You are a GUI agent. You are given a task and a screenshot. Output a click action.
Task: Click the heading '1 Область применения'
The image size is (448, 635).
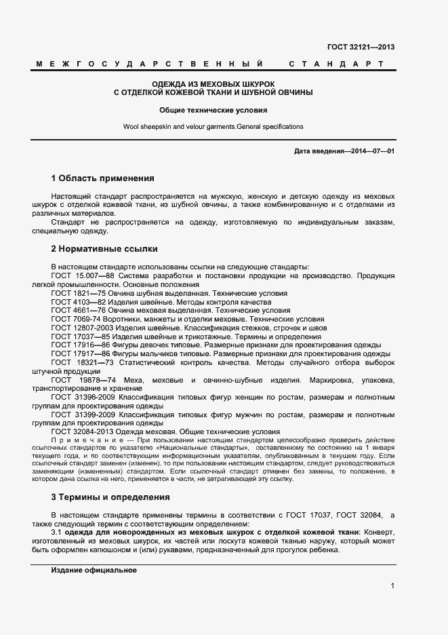(103, 178)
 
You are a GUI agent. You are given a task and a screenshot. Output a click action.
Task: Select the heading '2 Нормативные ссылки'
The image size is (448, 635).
(104, 249)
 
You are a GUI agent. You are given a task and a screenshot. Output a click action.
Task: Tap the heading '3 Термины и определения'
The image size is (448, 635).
(110, 497)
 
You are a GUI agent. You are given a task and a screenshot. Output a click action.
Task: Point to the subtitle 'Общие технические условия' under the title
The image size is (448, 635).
(213, 109)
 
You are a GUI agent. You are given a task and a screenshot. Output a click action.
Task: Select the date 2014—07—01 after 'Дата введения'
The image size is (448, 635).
(373, 150)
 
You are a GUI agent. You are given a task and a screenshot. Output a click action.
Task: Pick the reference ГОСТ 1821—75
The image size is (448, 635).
(77, 294)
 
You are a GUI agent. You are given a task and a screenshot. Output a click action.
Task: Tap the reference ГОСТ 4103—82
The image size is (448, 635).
(77, 302)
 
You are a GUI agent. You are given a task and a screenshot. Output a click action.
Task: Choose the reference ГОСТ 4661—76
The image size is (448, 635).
(77, 311)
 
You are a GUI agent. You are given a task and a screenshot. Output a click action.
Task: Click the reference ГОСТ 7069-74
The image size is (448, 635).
(76, 319)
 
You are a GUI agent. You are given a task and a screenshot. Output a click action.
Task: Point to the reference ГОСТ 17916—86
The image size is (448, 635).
(80, 345)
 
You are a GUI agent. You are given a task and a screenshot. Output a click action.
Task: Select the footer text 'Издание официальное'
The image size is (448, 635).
(94, 571)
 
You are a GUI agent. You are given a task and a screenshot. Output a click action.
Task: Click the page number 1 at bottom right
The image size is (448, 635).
(392, 585)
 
